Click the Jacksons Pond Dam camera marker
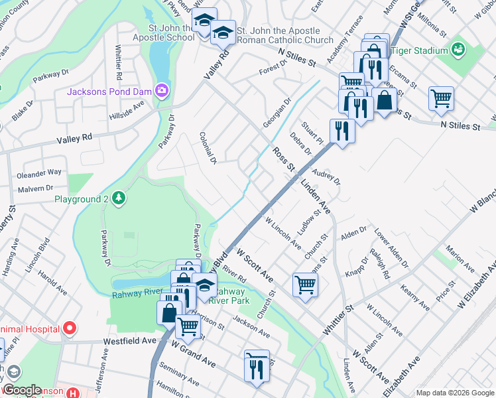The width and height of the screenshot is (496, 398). (x=161, y=90)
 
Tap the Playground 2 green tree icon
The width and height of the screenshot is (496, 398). (x=118, y=198)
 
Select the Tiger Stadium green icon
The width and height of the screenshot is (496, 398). (x=457, y=50)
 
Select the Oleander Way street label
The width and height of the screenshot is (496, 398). (x=40, y=172)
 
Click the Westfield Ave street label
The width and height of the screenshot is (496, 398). (x=129, y=341)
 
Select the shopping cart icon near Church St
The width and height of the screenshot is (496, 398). (x=305, y=285)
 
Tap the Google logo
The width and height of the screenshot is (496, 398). (x=22, y=391)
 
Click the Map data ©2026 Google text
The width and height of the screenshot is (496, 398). (x=455, y=393)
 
